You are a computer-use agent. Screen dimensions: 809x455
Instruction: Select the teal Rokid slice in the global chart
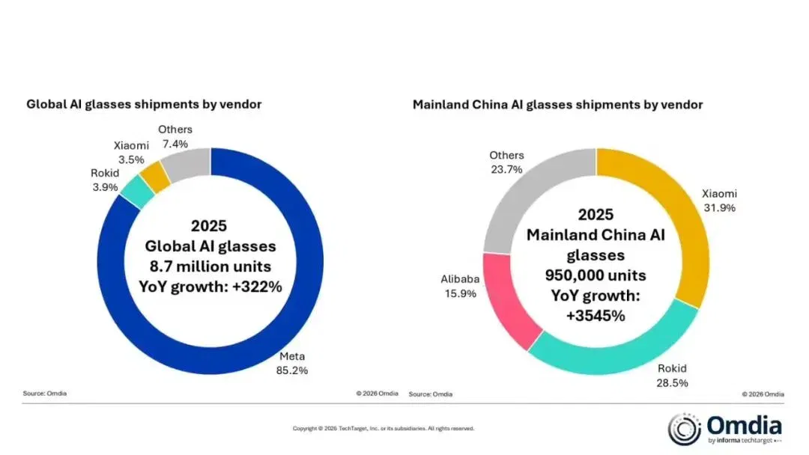[x=137, y=192]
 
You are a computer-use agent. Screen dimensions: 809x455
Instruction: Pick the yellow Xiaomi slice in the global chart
[x=155, y=176]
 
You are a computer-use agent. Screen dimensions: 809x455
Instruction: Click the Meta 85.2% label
[x=292, y=363]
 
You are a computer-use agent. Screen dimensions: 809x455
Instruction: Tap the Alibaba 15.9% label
[x=460, y=286]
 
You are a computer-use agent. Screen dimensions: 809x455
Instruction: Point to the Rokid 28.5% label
[x=672, y=376]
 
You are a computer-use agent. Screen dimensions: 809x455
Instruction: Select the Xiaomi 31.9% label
[x=719, y=201]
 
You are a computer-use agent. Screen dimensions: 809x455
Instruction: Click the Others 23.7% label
[x=506, y=162]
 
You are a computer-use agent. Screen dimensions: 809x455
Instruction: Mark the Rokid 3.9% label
[x=105, y=180]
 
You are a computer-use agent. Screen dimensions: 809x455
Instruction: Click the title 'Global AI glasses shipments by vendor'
[x=144, y=104]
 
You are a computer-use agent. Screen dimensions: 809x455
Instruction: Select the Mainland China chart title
[x=558, y=105]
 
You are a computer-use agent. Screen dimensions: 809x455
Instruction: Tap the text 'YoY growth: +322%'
[x=210, y=287]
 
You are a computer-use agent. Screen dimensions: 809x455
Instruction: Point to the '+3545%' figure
[x=596, y=315]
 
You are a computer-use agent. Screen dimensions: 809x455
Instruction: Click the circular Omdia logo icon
[x=685, y=429]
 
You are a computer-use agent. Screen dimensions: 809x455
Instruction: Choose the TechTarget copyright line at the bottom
[x=384, y=428]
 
